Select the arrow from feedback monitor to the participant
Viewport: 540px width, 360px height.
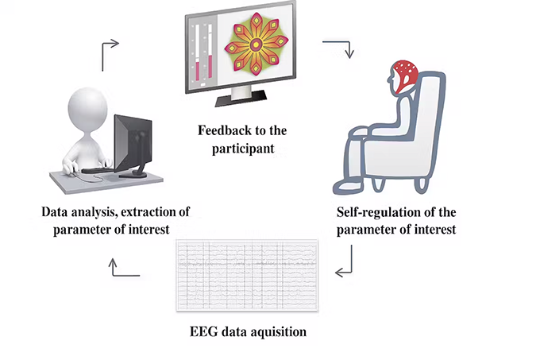click(x=348, y=49)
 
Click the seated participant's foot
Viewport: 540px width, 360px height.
click(x=342, y=188)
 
